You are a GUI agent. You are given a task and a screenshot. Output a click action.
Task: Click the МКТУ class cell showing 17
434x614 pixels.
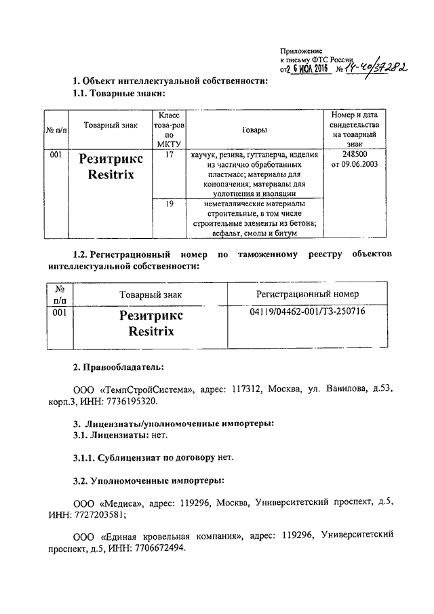coord(169,155)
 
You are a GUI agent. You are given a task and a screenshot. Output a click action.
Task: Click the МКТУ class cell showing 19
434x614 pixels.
coord(169,203)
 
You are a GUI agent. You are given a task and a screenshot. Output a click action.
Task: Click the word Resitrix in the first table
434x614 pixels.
coord(111,174)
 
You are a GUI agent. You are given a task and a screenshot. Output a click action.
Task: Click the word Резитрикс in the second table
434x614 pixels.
coord(151,315)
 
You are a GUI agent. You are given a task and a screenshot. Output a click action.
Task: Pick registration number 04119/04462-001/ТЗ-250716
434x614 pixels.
coord(307,312)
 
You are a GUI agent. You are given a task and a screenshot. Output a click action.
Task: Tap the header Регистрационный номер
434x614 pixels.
coord(307,294)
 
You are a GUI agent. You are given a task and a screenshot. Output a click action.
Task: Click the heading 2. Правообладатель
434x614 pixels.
coord(119,367)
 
